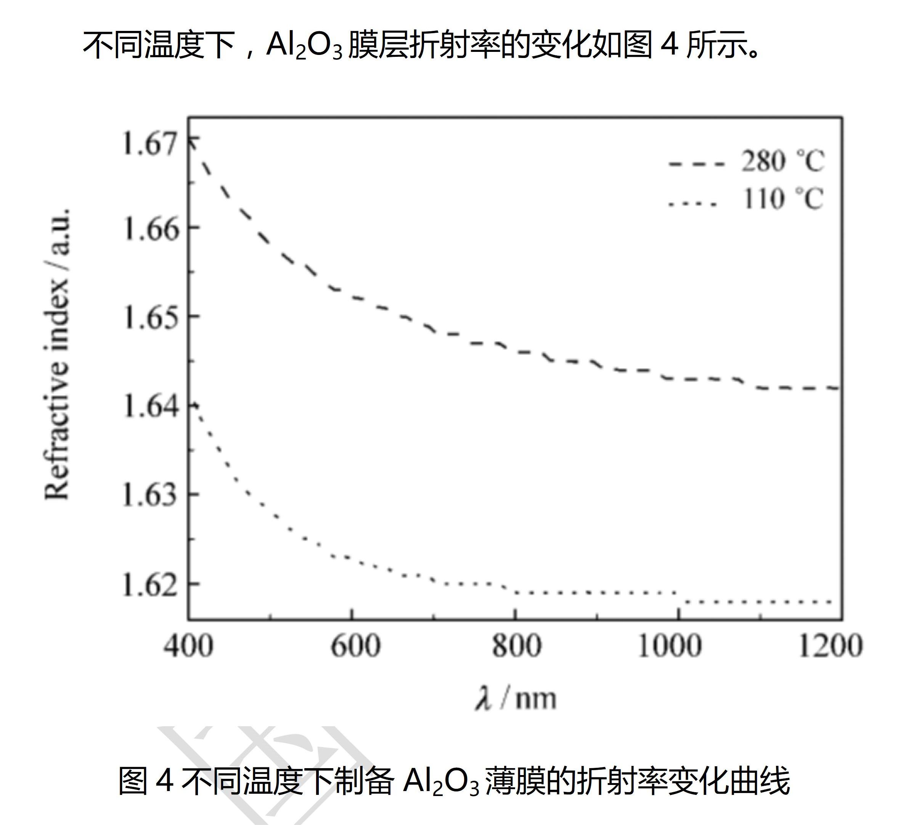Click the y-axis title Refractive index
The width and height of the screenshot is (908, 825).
[x=58, y=354]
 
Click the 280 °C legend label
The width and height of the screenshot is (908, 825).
[x=783, y=161]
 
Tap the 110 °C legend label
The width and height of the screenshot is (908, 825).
[x=783, y=199]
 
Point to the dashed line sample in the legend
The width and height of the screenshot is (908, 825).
[x=697, y=164]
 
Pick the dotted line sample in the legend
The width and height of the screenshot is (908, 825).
[x=692, y=204]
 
